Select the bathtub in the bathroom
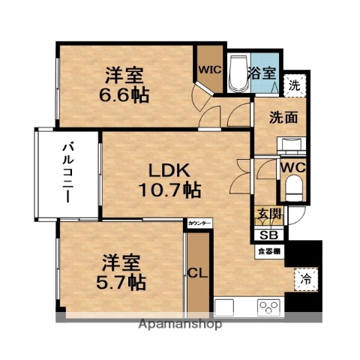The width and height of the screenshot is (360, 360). click(x=239, y=74)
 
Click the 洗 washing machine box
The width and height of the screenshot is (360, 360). click(x=295, y=85)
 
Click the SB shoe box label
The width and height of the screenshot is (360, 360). click(x=267, y=234)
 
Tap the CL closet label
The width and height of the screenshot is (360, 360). click(x=196, y=272)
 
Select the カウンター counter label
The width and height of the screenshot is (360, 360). click(x=199, y=223)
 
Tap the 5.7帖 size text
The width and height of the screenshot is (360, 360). click(x=124, y=283)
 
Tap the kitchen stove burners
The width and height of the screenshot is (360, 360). click(x=268, y=306)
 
